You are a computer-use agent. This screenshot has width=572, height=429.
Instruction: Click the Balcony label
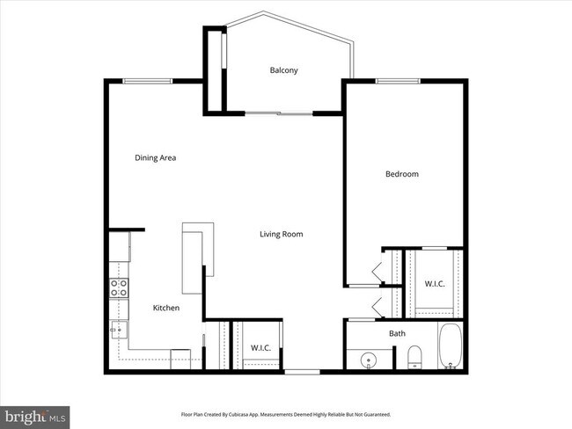(x=283, y=70)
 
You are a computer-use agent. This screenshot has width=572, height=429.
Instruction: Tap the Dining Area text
(x=156, y=158)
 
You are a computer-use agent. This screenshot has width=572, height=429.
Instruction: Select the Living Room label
(x=281, y=234)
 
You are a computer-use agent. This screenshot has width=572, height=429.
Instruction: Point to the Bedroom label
(x=402, y=174)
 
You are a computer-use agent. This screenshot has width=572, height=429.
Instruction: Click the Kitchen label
(x=166, y=308)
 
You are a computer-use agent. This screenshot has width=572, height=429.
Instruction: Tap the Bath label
(x=398, y=333)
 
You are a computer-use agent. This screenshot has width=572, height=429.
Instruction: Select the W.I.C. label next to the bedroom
(x=435, y=284)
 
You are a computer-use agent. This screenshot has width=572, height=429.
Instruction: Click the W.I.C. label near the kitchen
(x=261, y=347)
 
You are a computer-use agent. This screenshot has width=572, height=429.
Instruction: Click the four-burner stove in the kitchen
(x=119, y=287)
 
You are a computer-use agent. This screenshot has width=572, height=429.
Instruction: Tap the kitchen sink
(x=117, y=331)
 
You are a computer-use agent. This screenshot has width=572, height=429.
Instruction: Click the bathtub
(x=451, y=348)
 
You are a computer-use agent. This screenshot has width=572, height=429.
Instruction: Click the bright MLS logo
(x=35, y=414)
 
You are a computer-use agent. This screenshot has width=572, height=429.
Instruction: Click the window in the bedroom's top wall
(x=400, y=81)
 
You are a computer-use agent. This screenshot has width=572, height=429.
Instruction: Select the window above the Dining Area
(x=147, y=81)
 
